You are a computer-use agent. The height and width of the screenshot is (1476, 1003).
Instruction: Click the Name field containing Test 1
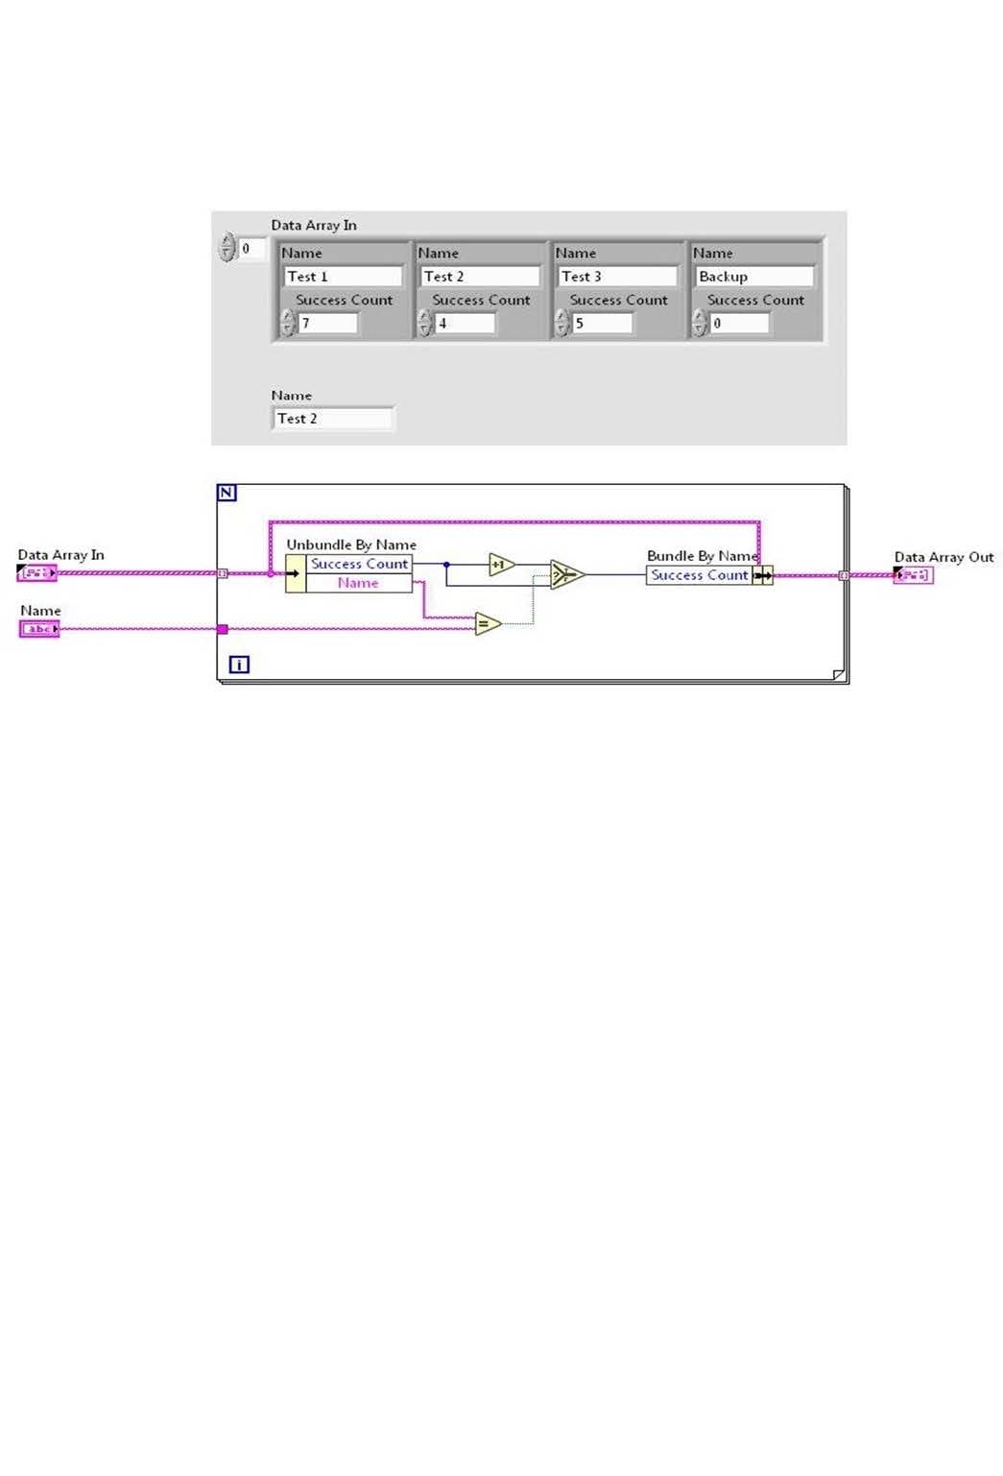click(x=343, y=277)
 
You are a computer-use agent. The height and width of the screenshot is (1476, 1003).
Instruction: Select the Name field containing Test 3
click(x=616, y=277)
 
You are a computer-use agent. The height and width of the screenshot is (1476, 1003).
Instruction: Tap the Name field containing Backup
click(x=753, y=277)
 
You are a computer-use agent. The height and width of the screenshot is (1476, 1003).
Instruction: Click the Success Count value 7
click(x=327, y=324)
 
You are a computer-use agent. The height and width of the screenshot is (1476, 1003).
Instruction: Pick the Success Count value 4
click(x=465, y=324)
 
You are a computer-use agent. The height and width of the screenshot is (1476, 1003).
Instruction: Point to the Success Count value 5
click(x=602, y=324)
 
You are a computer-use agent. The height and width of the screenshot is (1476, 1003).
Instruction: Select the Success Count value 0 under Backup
click(x=739, y=324)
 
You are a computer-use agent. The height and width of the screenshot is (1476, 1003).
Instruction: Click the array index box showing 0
click(x=251, y=249)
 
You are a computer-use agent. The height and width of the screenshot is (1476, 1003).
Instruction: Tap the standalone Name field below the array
click(x=332, y=419)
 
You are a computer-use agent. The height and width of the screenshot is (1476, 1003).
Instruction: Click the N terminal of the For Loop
click(x=227, y=493)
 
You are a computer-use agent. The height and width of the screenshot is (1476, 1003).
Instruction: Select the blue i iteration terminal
click(x=239, y=664)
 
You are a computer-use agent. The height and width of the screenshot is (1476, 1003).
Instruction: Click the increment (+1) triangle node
click(x=500, y=565)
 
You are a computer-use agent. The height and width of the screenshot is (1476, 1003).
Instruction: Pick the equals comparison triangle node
click(x=487, y=624)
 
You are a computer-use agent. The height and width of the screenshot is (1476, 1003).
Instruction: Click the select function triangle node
click(x=566, y=574)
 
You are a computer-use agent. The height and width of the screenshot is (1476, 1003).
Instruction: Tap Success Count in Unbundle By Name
click(x=359, y=564)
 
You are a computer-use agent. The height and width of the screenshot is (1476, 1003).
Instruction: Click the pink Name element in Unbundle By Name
click(x=358, y=583)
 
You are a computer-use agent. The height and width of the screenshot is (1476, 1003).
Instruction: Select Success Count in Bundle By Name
click(x=699, y=575)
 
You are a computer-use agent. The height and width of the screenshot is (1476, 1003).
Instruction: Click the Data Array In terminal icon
click(x=36, y=573)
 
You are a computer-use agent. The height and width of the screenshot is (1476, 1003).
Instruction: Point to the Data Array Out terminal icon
click(x=913, y=575)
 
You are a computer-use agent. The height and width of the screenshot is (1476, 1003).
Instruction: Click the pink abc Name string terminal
click(x=39, y=629)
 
